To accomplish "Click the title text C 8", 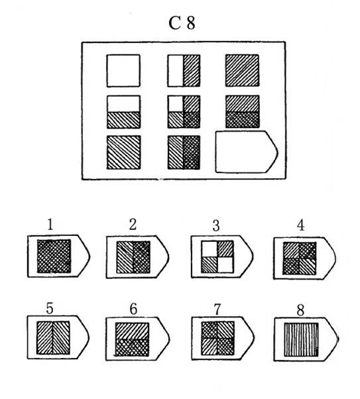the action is click(x=182, y=23).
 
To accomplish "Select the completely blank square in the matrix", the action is click(x=123, y=70).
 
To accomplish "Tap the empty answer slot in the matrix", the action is click(x=246, y=152).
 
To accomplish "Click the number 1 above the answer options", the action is click(x=50, y=225).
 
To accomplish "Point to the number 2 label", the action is click(x=133, y=225).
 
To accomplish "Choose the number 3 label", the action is click(x=216, y=225).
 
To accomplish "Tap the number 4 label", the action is click(x=301, y=225).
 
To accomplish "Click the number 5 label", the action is click(x=50, y=308).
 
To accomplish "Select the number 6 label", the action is click(x=133, y=309).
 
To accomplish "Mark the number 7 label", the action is click(x=217, y=310).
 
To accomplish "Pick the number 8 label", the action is click(x=300, y=310).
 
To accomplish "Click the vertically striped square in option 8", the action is click(x=301, y=339).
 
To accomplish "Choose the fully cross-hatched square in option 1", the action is click(x=54, y=256).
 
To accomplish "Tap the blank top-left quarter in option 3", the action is click(x=209, y=249).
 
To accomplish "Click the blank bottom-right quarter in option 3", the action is click(x=225, y=264).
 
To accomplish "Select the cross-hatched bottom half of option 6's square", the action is click(x=132, y=347).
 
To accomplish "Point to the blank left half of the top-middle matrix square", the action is click(x=176, y=70).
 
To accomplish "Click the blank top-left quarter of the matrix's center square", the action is click(x=176, y=104).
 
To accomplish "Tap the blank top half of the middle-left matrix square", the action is click(x=123, y=103).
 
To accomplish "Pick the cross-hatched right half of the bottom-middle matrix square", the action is click(x=192, y=152).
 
